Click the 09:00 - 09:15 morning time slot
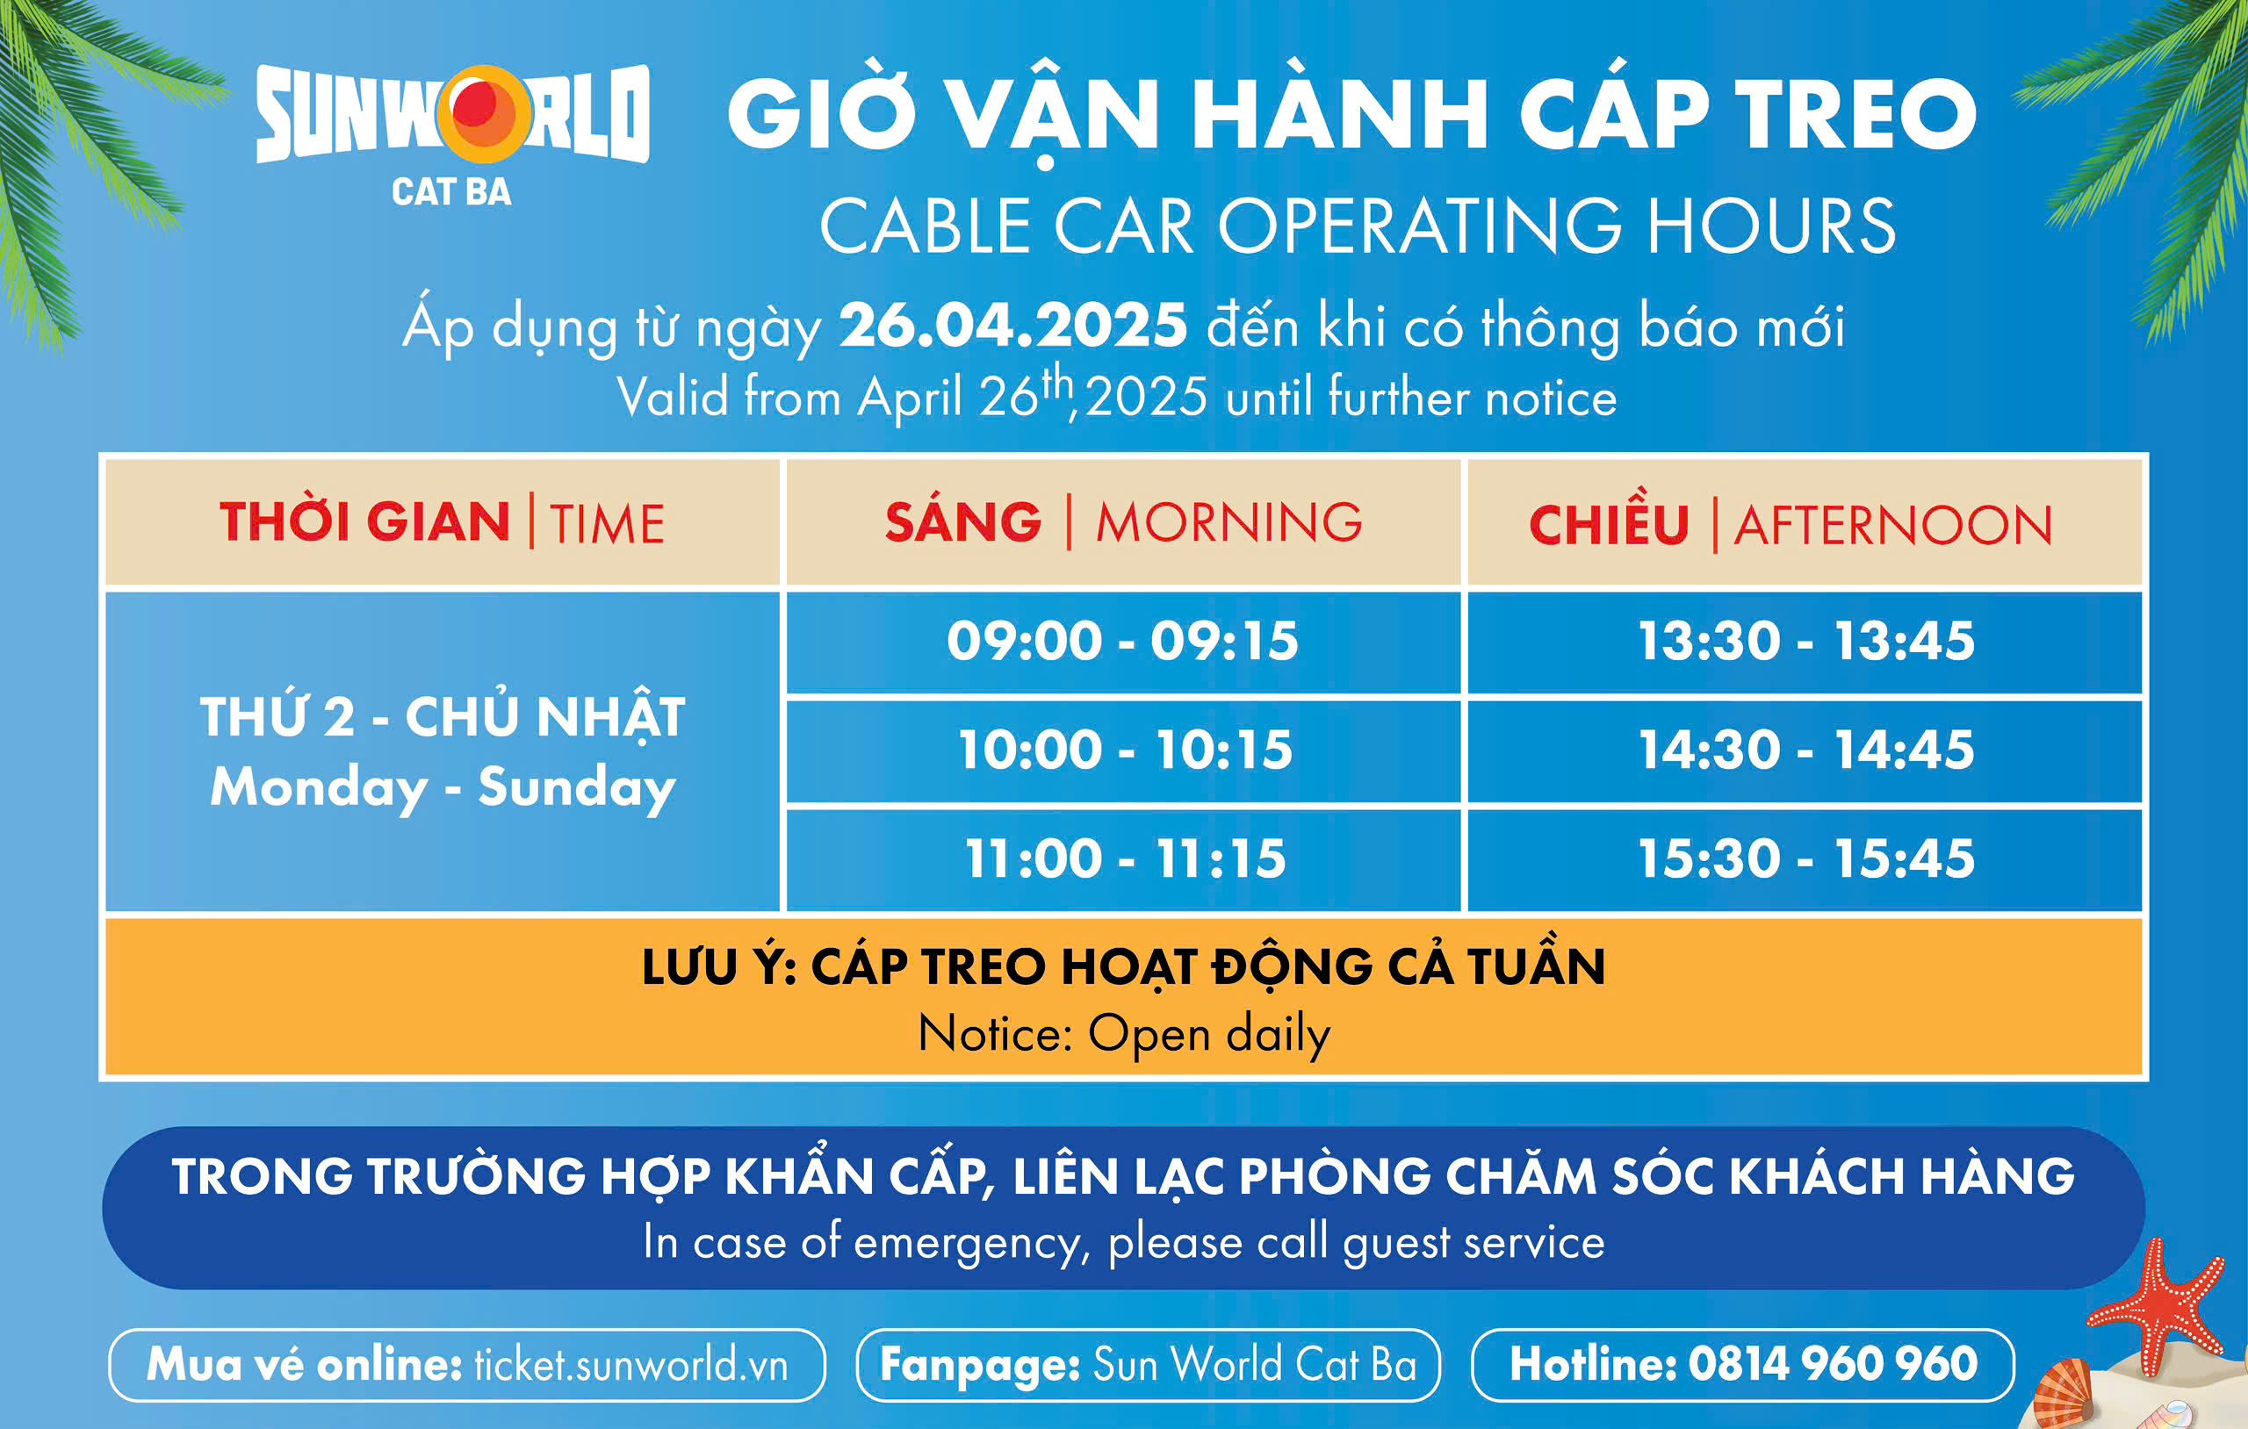1123,643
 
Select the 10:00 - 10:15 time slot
1123,750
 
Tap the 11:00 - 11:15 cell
1123,859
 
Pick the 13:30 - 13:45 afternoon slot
1805,643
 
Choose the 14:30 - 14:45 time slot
1805,750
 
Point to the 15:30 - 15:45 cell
1805,859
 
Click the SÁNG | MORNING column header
1123,521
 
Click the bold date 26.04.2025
1012,326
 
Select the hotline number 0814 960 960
1833,1364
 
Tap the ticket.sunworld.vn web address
631,1365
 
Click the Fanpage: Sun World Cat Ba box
1149,1365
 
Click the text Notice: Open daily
1124,1034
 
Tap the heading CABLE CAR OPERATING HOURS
1358,226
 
